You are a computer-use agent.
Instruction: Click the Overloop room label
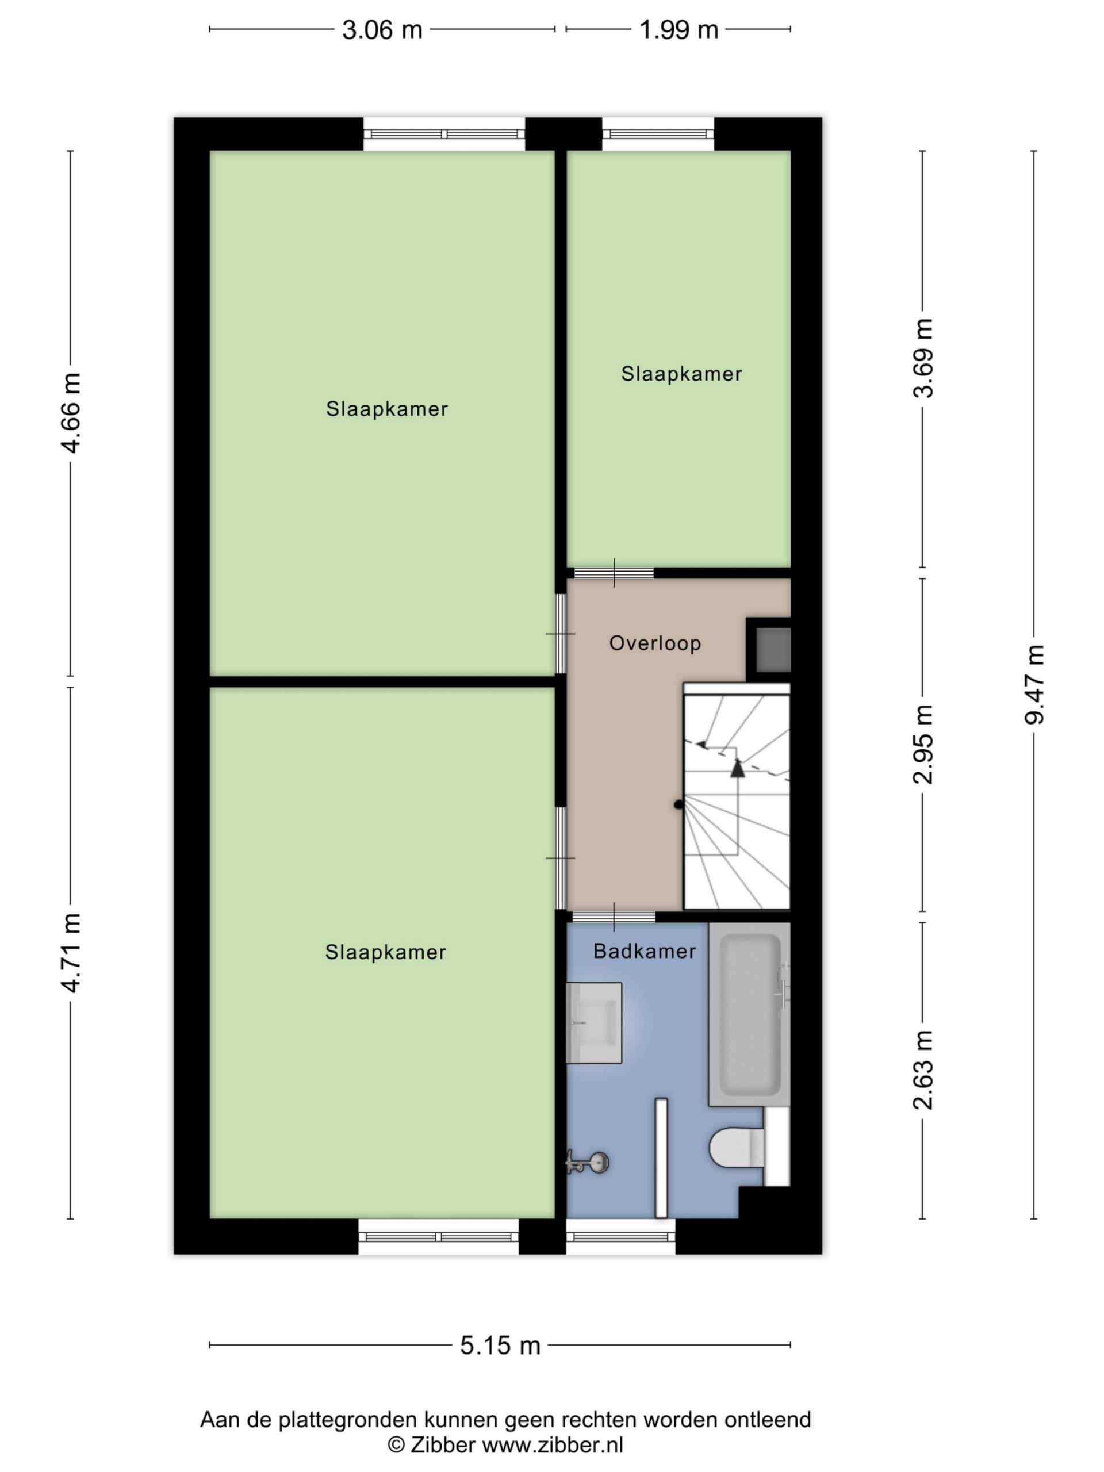click(655, 643)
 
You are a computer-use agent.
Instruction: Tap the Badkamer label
click(644, 952)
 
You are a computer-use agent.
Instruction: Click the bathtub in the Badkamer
click(749, 1014)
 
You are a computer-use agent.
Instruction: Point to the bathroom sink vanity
click(593, 1023)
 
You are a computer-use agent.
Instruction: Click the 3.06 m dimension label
click(382, 30)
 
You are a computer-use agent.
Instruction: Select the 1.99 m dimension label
click(678, 30)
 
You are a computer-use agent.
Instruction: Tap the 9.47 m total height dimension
click(1035, 684)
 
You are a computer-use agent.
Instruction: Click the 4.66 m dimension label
click(71, 413)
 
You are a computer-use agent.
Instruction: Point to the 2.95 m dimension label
click(923, 744)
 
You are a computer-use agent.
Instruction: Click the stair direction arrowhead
click(737, 769)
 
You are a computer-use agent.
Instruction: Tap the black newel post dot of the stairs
click(678, 804)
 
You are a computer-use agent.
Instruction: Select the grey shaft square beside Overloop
click(774, 650)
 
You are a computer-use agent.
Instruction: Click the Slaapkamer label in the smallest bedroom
click(681, 374)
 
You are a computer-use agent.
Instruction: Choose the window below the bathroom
click(620, 1237)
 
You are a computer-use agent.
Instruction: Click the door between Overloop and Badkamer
click(614, 917)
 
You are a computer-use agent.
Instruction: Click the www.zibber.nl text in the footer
click(553, 1446)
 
